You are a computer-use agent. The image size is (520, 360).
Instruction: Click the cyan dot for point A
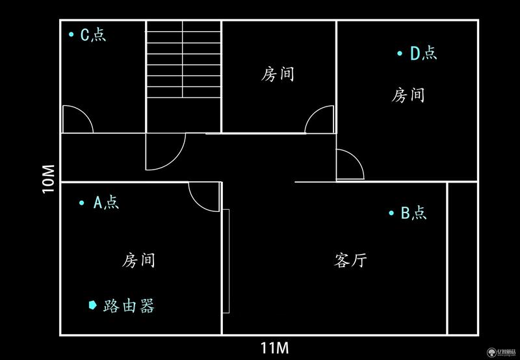(82, 203)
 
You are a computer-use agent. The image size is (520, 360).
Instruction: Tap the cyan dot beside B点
(391, 213)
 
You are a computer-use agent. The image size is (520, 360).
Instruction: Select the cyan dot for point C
(71, 34)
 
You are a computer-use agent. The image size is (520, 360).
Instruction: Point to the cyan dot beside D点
(400, 53)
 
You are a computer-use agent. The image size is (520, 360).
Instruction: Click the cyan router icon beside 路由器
(92, 305)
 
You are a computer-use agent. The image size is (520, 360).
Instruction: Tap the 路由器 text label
(129, 305)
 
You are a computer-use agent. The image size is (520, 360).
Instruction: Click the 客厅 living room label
(350, 260)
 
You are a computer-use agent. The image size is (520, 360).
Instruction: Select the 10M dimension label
(48, 179)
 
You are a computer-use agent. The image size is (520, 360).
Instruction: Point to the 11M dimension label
(274, 348)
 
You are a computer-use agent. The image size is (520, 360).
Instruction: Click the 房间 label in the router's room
(138, 260)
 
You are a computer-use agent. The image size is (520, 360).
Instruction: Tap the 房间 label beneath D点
(408, 95)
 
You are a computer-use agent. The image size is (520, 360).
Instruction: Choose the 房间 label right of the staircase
(278, 74)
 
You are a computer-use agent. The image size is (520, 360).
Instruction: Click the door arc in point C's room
(87, 115)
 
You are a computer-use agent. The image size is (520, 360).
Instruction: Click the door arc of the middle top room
(312, 114)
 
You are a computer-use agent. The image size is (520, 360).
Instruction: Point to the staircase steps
(183, 59)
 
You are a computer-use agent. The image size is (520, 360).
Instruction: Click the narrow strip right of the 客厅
(462, 258)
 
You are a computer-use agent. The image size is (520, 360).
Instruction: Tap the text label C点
(93, 34)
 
